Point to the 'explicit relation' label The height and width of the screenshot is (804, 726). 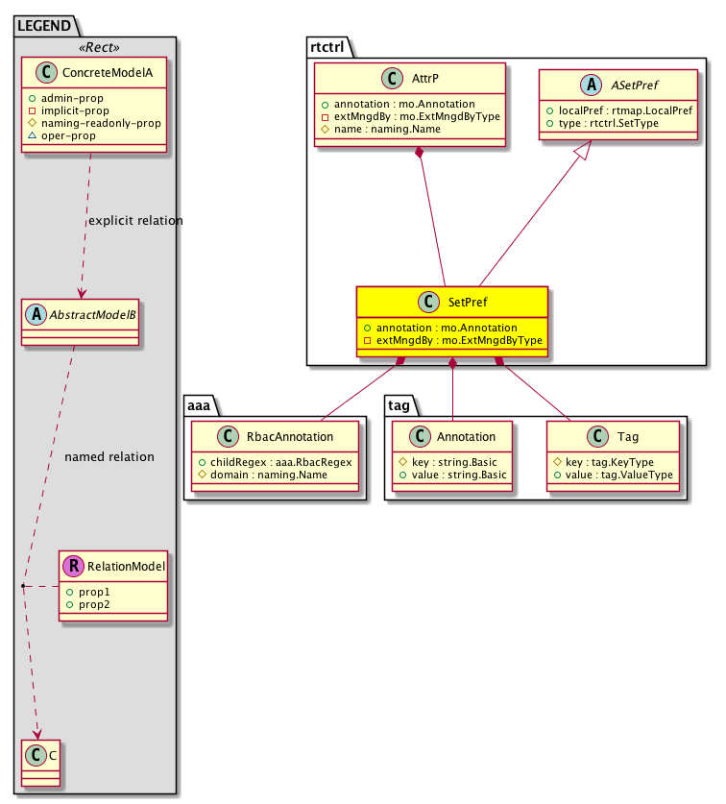[135, 221]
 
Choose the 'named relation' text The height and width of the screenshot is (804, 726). [109, 457]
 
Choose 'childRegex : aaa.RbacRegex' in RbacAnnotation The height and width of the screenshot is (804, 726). [276, 462]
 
